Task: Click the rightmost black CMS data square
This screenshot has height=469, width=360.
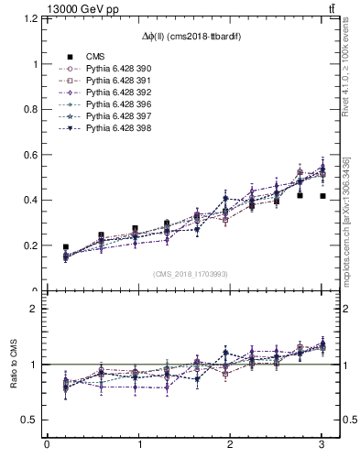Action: click(x=322, y=196)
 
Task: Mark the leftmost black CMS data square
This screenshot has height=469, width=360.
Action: click(x=65, y=246)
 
